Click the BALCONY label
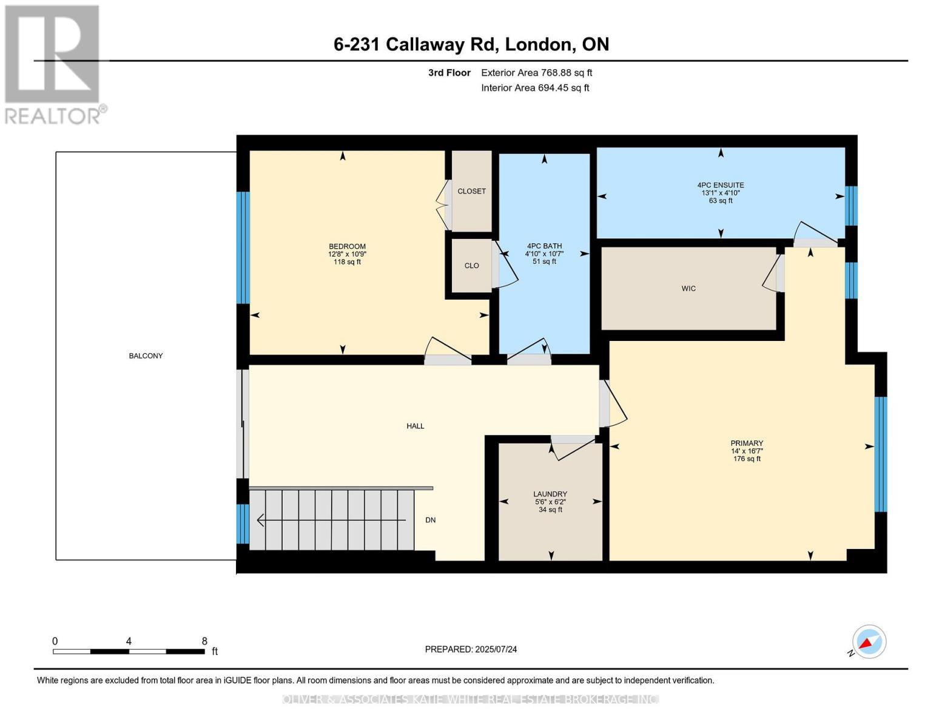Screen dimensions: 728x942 (146, 356)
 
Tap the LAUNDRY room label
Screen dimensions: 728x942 (550, 494)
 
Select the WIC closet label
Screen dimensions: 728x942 (688, 289)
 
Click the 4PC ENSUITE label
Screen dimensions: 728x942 (721, 185)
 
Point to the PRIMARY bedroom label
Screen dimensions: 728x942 (747, 443)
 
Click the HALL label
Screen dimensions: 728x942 (415, 426)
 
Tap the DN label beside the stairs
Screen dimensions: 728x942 (430, 521)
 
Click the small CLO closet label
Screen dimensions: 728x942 (471, 266)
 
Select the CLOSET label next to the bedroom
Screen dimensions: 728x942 (471, 191)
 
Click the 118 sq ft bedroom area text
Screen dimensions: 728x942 (347, 262)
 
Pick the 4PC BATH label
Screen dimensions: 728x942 (544, 246)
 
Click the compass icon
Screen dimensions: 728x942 (869, 642)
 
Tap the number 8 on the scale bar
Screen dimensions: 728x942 (204, 641)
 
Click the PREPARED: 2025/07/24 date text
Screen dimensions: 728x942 (471, 649)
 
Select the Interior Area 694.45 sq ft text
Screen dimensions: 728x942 (535, 88)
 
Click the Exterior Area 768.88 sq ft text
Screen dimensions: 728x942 (536, 73)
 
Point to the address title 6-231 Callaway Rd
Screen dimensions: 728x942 (471, 44)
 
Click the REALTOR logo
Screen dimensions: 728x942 (53, 64)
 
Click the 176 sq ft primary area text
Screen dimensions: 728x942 (747, 459)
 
